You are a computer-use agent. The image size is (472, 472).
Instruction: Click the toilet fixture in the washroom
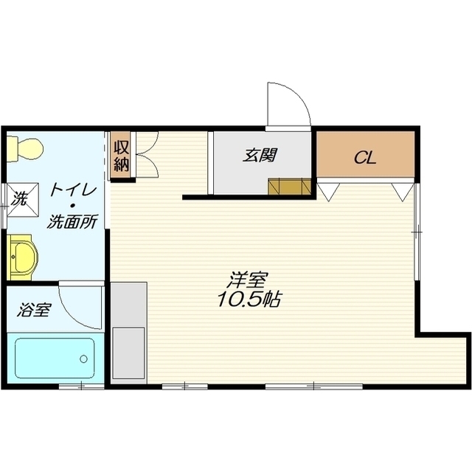(24, 149)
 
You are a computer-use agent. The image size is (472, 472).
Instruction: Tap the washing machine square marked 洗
(22, 199)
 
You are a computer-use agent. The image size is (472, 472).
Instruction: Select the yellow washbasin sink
(22, 257)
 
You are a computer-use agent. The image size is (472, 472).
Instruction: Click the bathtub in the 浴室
(55, 358)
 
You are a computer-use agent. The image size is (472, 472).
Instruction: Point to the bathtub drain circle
(83, 359)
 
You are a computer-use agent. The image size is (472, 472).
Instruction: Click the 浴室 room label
(34, 310)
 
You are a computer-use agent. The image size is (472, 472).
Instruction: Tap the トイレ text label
(73, 190)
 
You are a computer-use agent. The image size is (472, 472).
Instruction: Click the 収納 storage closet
(121, 156)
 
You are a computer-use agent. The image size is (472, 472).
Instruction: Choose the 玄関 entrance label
(260, 156)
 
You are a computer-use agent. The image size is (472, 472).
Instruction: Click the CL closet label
(365, 157)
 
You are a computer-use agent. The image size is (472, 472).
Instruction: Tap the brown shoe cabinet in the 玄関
(289, 187)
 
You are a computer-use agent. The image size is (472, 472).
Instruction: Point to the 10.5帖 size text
(249, 299)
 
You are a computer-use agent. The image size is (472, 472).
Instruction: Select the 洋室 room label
(249, 280)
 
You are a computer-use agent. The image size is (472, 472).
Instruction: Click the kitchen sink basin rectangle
(128, 353)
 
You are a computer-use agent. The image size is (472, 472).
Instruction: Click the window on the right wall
(417, 232)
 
